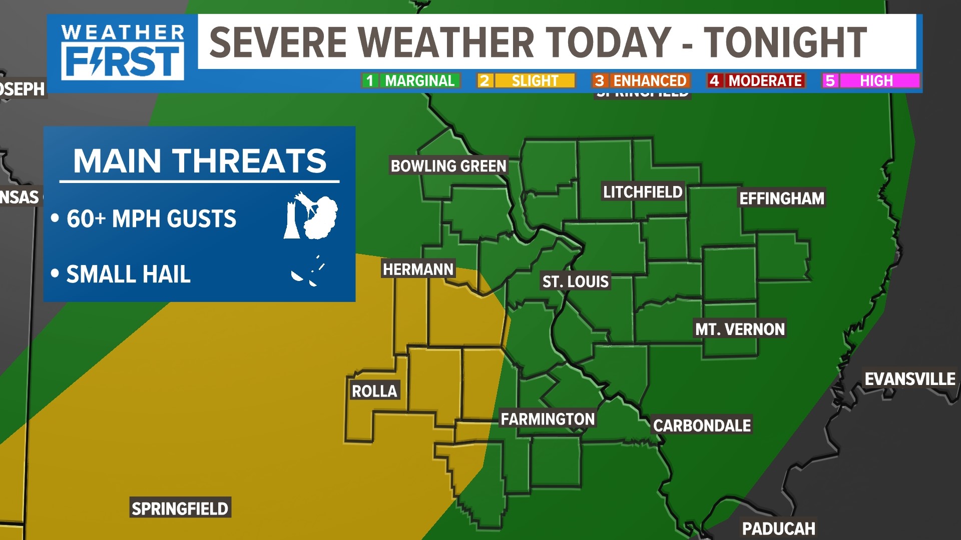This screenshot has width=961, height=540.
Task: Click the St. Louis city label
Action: (575, 281)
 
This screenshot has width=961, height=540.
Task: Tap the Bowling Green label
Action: (448, 166)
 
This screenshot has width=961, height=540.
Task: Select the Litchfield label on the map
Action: (643, 192)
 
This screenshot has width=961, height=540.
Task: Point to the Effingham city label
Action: (781, 198)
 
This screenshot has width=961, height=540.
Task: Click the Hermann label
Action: (418, 269)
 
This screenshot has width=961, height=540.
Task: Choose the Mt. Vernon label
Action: (740, 329)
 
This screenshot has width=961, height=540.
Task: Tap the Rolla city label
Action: (374, 391)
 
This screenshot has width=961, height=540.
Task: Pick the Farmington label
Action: (548, 419)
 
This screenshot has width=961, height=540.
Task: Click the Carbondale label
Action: (702, 425)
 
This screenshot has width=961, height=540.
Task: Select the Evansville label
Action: (910, 379)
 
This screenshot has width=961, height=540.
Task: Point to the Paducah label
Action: (778, 528)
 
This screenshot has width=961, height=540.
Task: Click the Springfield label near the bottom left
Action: (180, 508)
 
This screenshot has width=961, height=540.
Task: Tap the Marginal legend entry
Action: (410, 81)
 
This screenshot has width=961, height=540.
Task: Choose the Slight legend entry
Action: (526, 81)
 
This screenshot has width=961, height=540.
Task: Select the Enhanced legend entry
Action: (641, 81)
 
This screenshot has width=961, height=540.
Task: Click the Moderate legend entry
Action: (756, 81)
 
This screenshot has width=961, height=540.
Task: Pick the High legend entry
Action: (871, 81)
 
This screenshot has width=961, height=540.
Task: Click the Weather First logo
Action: (123, 52)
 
